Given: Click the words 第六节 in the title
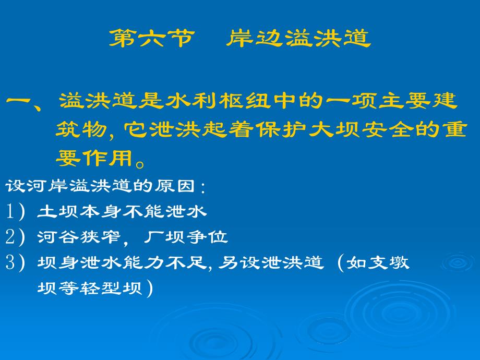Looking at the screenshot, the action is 152,38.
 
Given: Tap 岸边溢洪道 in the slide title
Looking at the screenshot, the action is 298,38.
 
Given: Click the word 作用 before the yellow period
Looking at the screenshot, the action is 109,158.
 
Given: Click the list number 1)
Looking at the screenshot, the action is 15,211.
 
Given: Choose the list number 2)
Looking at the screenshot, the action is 15,237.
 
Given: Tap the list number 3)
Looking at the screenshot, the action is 15,262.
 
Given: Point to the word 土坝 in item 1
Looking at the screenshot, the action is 57,211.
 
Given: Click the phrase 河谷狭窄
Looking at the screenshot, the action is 79,237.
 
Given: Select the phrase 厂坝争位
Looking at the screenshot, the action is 186,237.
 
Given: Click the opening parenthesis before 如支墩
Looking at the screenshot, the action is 341,262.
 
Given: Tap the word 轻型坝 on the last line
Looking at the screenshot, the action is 111,288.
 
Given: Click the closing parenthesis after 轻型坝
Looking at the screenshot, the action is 149,289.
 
